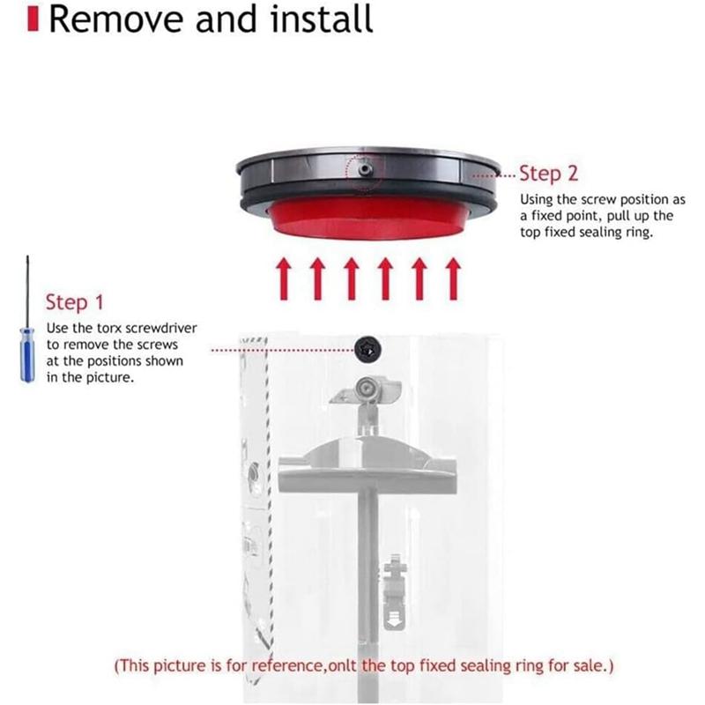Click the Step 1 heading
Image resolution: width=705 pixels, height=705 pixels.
(75, 302)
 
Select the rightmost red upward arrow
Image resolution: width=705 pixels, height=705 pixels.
(453, 278)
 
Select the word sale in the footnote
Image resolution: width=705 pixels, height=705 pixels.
(586, 665)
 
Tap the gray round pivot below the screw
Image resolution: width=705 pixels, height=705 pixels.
(363, 388)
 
